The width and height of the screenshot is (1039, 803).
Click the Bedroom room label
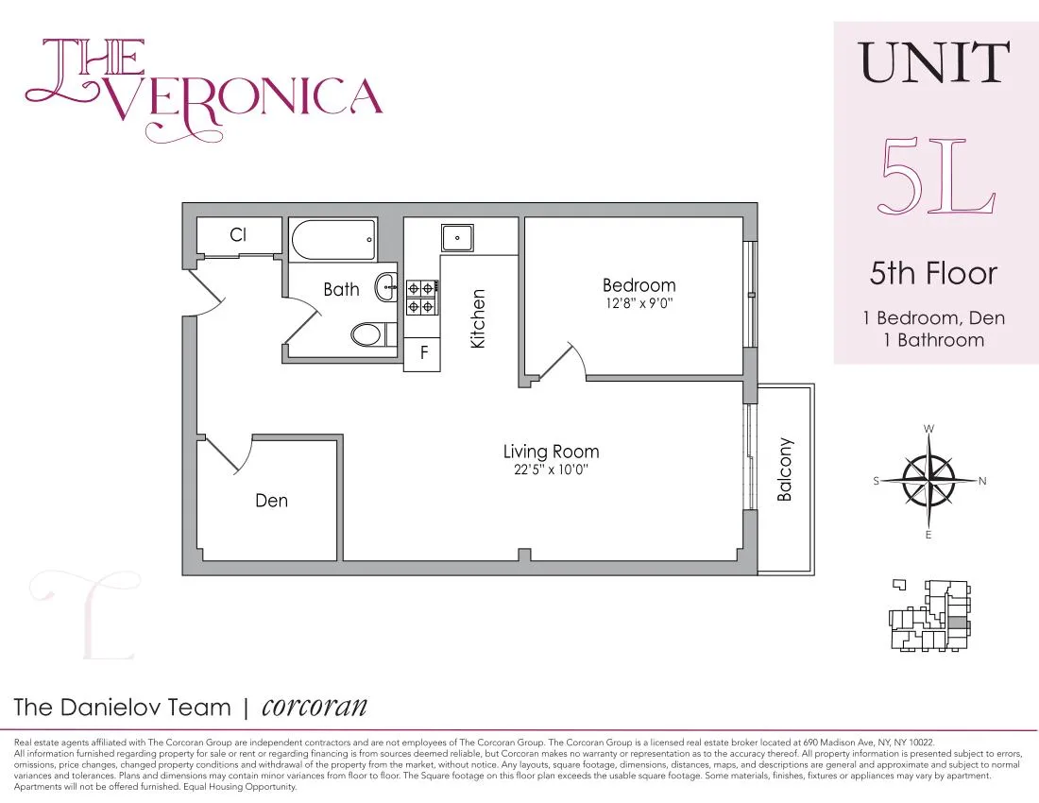pos(639,285)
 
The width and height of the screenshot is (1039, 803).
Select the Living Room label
pos(551,452)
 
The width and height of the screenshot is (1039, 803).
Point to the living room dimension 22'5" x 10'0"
pos(551,470)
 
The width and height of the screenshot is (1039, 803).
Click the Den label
pos(271,501)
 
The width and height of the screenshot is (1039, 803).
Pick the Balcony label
pos(784,470)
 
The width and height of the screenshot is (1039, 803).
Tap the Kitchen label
pos(478,319)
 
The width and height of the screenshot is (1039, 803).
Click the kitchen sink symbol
pos(457,236)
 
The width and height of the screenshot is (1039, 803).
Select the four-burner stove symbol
pos(421,297)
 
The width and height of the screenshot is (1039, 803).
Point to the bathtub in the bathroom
pos(333,240)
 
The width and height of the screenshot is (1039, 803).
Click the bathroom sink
pos(385,287)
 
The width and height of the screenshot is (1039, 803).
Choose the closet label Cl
pos(238,234)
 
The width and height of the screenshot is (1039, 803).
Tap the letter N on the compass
pos(982,481)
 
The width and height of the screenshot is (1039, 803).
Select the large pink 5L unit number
pos(936,177)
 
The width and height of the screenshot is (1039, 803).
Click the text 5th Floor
pos(933,274)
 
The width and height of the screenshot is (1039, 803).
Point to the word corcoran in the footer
pos(314,706)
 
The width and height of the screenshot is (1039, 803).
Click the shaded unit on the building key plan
pos(959,624)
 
